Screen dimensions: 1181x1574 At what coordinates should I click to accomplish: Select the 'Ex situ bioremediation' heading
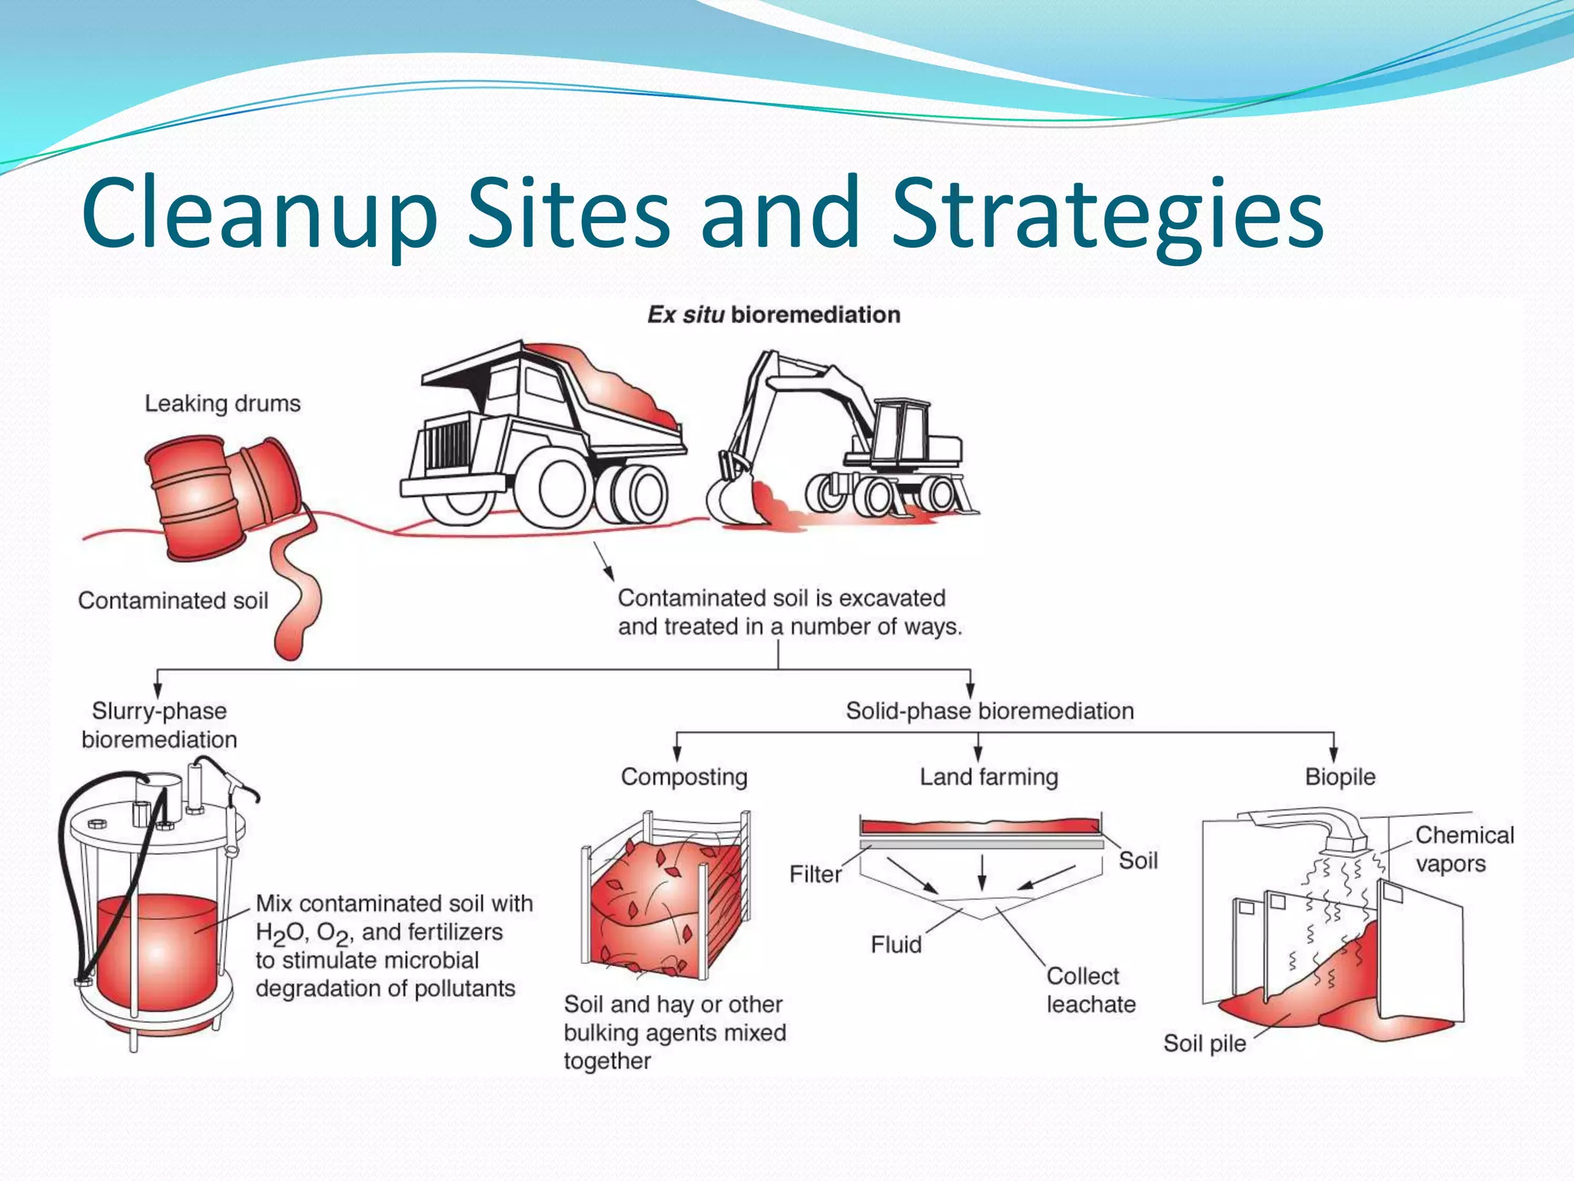(x=773, y=314)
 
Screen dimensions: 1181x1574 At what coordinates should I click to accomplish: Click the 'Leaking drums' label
(x=222, y=404)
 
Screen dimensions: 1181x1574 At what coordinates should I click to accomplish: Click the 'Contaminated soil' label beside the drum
(x=173, y=600)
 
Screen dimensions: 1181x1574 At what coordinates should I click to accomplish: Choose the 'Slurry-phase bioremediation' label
(x=159, y=725)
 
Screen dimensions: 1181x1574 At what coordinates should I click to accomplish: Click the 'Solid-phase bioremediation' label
(x=990, y=711)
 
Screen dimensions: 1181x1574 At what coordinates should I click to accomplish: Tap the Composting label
(x=684, y=777)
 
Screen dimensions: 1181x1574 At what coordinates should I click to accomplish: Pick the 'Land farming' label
(x=989, y=777)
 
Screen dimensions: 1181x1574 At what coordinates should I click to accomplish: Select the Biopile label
(x=1340, y=777)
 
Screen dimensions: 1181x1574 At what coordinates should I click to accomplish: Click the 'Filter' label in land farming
(x=815, y=874)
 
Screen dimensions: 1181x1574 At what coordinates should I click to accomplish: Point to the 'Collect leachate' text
(x=1091, y=990)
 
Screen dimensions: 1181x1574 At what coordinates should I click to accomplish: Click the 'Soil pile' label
(x=1204, y=1043)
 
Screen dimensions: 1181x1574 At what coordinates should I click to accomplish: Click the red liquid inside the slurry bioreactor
(x=158, y=953)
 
